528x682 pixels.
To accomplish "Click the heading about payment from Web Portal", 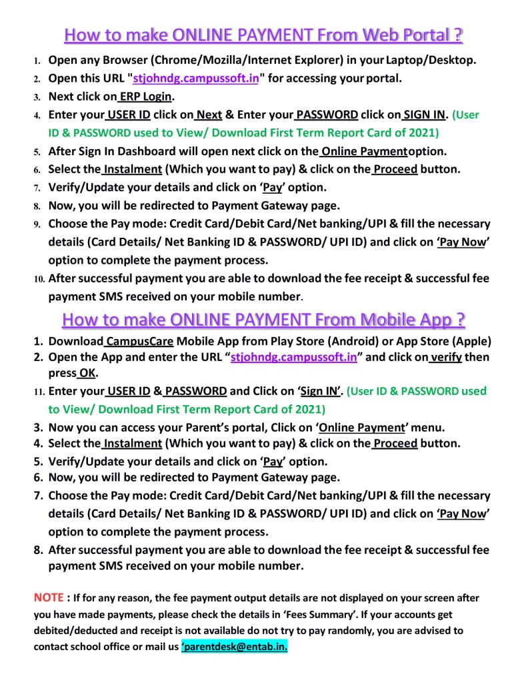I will [264, 35].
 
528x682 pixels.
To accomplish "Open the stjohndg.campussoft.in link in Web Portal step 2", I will [196, 78].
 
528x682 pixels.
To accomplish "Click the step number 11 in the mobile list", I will [39, 391].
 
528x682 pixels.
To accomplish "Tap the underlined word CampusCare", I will [139, 342].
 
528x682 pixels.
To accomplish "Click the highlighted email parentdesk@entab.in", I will [235, 646].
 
